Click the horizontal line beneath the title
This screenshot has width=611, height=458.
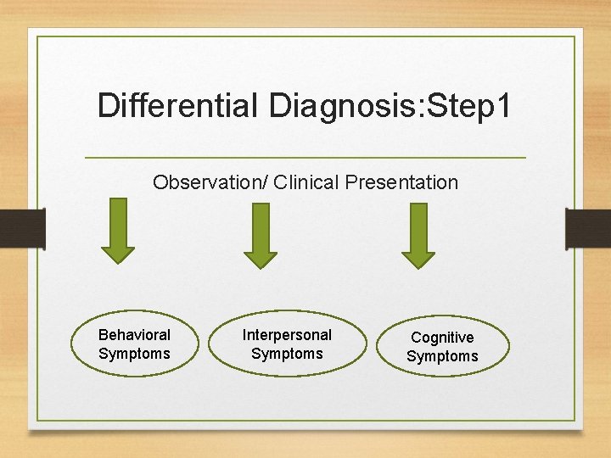coord(305,158)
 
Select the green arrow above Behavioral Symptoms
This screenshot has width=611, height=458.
coord(118,229)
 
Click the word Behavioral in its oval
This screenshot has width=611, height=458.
coord(134,335)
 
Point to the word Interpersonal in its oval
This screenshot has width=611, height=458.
coord(287,335)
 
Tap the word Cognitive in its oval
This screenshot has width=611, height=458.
coord(442,338)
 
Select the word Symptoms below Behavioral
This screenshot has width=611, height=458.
coord(134,354)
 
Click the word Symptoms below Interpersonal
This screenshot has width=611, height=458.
coord(287,354)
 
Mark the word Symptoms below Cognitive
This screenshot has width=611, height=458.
coord(442,357)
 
